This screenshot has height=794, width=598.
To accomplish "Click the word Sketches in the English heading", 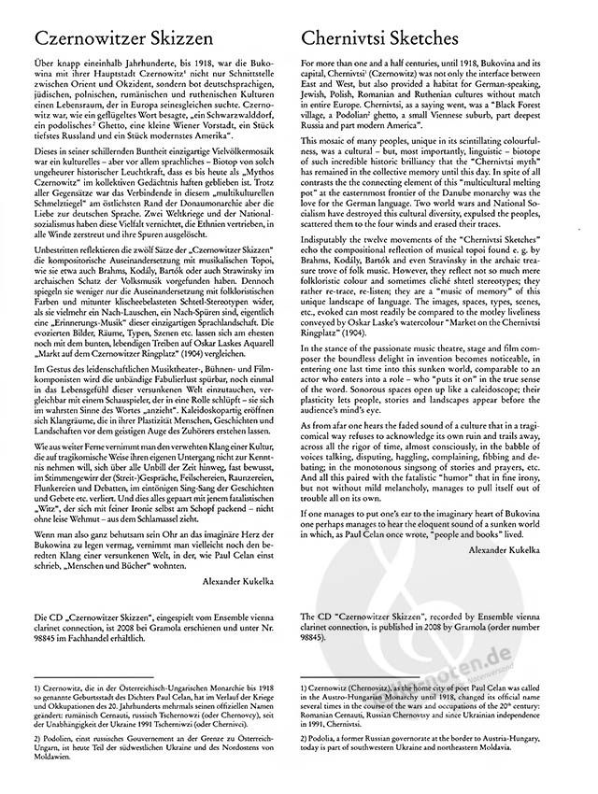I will coord(418,37).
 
